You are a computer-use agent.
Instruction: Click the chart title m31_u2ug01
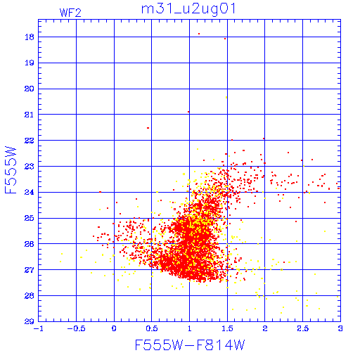pyautogui.click(x=188, y=9)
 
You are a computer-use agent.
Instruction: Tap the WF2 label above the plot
pyautogui.click(x=70, y=13)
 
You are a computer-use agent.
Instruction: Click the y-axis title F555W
pyautogui.click(x=11, y=170)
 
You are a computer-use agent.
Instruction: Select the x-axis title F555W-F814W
pyautogui.click(x=190, y=345)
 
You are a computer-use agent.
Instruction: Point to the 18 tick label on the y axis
pyautogui.click(x=30, y=37)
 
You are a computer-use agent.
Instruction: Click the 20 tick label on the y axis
pyautogui.click(x=30, y=89)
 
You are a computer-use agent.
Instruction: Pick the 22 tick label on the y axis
pyautogui.click(x=30, y=141)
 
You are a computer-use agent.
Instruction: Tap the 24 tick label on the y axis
pyautogui.click(x=30, y=192)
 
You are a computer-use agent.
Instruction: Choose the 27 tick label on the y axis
pyautogui.click(x=30, y=270)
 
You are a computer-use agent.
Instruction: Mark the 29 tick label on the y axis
pyautogui.click(x=30, y=321)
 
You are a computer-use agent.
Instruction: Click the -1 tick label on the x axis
pyautogui.click(x=38, y=328)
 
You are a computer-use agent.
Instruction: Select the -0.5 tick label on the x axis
pyautogui.click(x=76, y=328)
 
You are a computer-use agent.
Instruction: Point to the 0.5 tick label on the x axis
pyautogui.click(x=152, y=328)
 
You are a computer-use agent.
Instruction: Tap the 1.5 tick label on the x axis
pyautogui.click(x=227, y=328)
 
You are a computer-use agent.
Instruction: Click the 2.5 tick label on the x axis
pyautogui.click(x=302, y=328)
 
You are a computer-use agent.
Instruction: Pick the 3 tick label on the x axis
pyautogui.click(x=340, y=328)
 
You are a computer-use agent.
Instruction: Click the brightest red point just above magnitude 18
pyautogui.click(x=199, y=34)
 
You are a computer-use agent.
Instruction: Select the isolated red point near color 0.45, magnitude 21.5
pyautogui.click(x=148, y=128)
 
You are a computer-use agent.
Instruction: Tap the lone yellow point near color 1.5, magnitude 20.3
pyautogui.click(x=226, y=97)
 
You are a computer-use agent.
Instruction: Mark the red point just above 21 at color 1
pyautogui.click(x=188, y=112)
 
